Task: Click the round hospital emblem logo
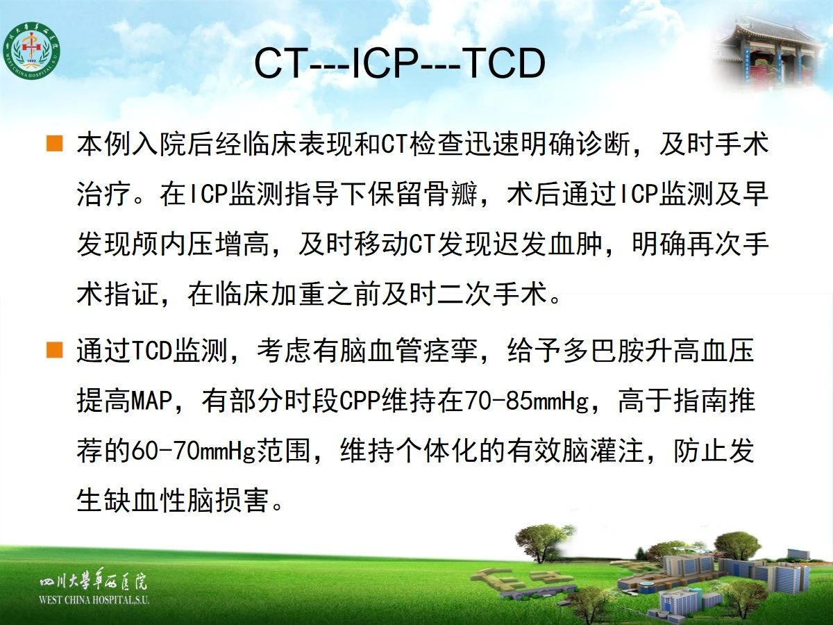point(31,51)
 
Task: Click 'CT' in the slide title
point(281,62)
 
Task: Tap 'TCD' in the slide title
point(503,62)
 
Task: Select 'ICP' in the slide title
point(385,62)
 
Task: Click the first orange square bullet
point(54,144)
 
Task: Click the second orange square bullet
point(54,349)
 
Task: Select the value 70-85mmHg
point(527,401)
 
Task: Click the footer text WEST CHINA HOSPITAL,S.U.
point(94,600)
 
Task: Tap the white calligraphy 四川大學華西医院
point(93,581)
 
